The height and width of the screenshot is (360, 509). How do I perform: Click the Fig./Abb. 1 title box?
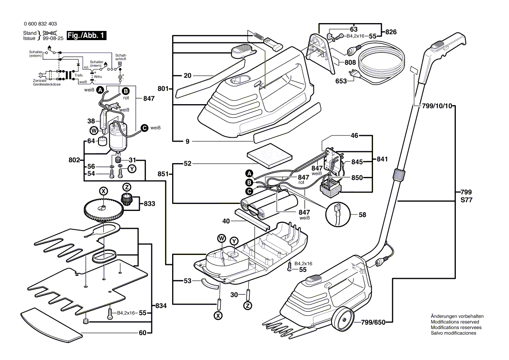point(86,36)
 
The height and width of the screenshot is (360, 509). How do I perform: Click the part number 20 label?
point(188,75)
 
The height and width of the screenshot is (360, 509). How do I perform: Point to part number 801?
point(163,89)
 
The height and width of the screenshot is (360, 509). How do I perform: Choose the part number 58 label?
point(362,215)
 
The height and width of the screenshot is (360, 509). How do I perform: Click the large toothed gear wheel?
point(102,210)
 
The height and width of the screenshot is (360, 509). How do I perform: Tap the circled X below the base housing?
point(218,316)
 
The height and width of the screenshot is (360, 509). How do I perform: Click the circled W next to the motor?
point(93,130)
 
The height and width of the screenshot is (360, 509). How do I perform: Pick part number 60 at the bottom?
point(143,333)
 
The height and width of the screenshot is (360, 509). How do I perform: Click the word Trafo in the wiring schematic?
point(78,75)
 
